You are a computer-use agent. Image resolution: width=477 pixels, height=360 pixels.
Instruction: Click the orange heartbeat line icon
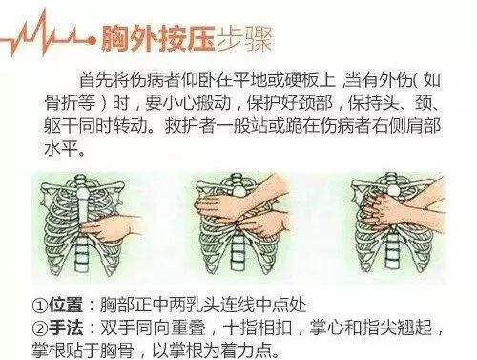48,35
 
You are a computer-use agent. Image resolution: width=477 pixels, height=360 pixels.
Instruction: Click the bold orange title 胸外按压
157,40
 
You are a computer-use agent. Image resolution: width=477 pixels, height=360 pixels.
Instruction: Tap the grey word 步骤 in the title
244,40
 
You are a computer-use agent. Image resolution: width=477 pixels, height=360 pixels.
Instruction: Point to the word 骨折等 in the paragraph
70,102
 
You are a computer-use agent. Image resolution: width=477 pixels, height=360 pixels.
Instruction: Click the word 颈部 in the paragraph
316,102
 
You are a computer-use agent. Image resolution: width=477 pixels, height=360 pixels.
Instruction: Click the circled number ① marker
40,306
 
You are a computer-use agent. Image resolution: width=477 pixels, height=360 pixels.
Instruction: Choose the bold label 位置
66,305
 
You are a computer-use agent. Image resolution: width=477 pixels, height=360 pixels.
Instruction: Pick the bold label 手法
66,328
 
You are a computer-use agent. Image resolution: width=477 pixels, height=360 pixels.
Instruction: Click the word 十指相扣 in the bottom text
257,328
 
